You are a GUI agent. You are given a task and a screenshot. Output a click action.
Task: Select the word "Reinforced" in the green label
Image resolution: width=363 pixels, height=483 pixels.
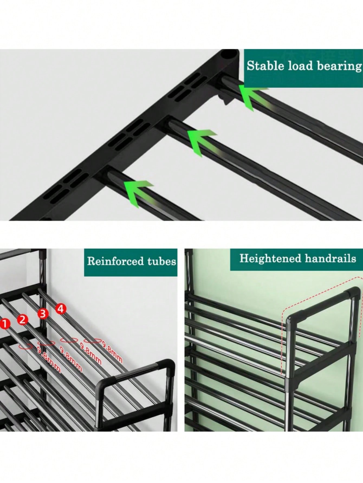(x=116, y=261)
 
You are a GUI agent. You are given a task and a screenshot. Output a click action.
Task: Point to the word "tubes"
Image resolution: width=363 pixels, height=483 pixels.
(x=162, y=261)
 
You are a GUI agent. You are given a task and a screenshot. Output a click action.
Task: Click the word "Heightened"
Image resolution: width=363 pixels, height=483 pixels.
(x=270, y=259)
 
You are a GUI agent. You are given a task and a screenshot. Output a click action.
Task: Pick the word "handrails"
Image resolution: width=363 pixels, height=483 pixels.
(x=330, y=258)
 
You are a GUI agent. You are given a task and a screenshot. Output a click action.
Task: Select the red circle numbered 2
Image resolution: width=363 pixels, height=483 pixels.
(x=23, y=320)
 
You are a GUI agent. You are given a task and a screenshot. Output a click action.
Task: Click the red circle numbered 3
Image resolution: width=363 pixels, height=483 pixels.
(x=43, y=314)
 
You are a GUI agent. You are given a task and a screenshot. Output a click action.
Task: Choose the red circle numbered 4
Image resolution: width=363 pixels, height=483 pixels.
(x=61, y=308)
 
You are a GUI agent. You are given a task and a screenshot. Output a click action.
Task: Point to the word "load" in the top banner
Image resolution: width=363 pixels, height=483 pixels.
(x=299, y=66)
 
